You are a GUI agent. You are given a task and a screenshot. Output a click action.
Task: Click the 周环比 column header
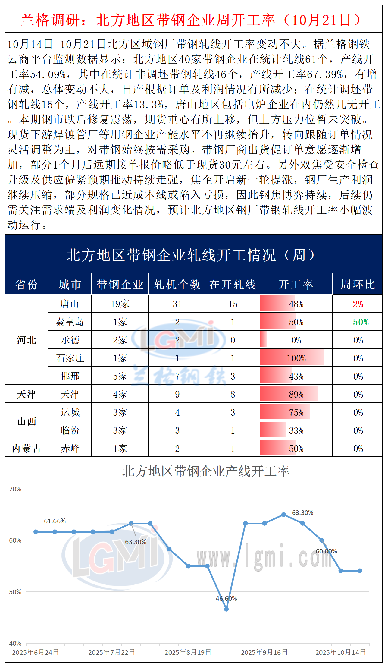358,284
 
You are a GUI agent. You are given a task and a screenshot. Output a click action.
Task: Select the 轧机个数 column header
177,284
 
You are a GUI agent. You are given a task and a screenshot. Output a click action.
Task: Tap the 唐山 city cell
70,304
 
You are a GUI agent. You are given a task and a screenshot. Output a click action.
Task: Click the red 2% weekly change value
358,304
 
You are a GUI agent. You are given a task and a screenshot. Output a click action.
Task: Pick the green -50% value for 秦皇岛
358,322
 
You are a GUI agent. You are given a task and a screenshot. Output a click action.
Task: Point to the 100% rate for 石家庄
296,358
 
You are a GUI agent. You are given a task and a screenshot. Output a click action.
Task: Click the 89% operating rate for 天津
296,394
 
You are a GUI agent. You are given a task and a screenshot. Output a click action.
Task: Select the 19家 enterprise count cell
120,304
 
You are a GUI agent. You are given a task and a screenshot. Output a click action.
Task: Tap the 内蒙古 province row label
27,449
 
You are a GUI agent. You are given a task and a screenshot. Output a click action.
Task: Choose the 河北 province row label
27,340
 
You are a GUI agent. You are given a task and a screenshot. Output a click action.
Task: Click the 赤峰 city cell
70,449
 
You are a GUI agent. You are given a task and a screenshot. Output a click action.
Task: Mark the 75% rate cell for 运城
296,412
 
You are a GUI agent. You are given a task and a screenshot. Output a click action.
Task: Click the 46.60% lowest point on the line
227,609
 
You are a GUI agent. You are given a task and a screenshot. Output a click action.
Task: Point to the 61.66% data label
55,521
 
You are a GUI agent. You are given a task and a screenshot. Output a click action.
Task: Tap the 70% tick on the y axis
15,489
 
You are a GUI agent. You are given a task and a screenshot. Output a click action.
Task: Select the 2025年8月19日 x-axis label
188,652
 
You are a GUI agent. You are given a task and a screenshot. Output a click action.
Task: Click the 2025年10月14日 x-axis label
340,652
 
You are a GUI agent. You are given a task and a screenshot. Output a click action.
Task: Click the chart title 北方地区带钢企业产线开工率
206,471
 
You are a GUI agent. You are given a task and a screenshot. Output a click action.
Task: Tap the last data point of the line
360,571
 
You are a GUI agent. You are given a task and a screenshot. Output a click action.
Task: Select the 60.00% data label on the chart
326,551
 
